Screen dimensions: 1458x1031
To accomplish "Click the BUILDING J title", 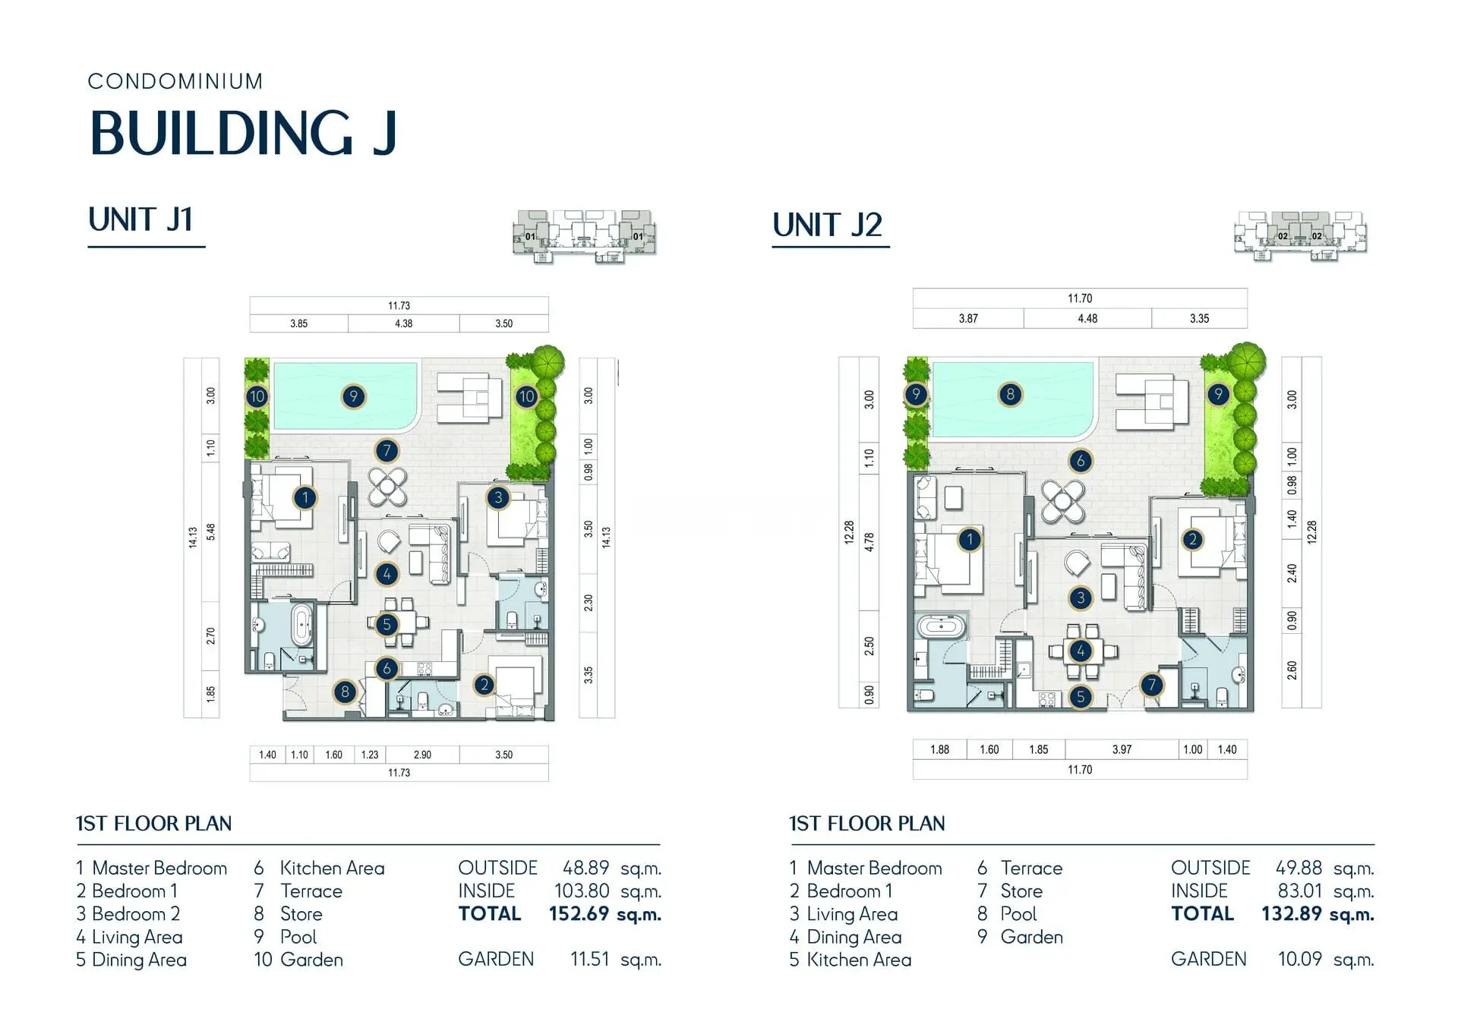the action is coord(243,133).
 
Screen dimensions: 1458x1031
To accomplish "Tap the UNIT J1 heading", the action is coord(140,219).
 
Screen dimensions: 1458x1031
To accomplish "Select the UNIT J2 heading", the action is coord(827,225).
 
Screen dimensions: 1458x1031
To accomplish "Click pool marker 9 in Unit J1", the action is coord(353,396).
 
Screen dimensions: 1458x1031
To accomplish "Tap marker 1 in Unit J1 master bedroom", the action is coord(305,498).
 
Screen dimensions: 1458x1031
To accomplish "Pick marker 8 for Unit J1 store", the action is coord(345,692).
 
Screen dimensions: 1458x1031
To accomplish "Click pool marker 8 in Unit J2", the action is coord(1010,394).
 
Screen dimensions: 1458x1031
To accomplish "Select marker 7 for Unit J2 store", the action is coord(1152,685).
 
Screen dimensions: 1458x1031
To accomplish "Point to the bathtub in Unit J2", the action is coord(941,627).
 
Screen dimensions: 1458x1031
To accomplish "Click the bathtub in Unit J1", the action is coord(302,625).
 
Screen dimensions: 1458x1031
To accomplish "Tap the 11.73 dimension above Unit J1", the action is coord(399,306).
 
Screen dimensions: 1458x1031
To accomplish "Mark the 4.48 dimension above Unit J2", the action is coord(1087,319).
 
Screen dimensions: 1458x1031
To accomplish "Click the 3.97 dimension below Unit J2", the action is coord(1122,749).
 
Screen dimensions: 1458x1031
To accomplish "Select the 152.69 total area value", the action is coord(579,913).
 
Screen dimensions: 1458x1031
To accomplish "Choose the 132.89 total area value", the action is coord(1292,913).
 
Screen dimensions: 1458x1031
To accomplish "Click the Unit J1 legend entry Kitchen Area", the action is coord(332,868).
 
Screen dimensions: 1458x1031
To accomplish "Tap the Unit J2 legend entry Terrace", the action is coord(1031,868).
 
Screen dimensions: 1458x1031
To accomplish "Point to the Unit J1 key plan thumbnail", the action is coord(584,236).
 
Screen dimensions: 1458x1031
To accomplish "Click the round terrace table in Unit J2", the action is coord(1063,500).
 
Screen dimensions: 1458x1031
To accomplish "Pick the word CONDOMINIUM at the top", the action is coord(175,81).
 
